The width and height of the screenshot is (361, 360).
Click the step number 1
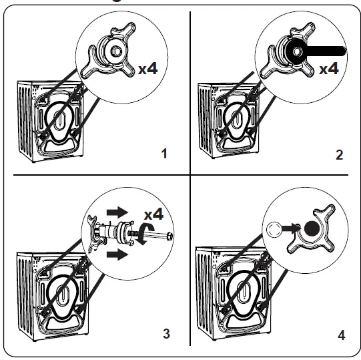coord(164,154)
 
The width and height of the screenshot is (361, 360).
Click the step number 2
coord(339,155)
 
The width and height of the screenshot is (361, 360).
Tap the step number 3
coord(164,333)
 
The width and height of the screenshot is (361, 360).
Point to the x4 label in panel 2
coord(329,69)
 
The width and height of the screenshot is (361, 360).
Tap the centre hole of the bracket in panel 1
coord(115,50)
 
